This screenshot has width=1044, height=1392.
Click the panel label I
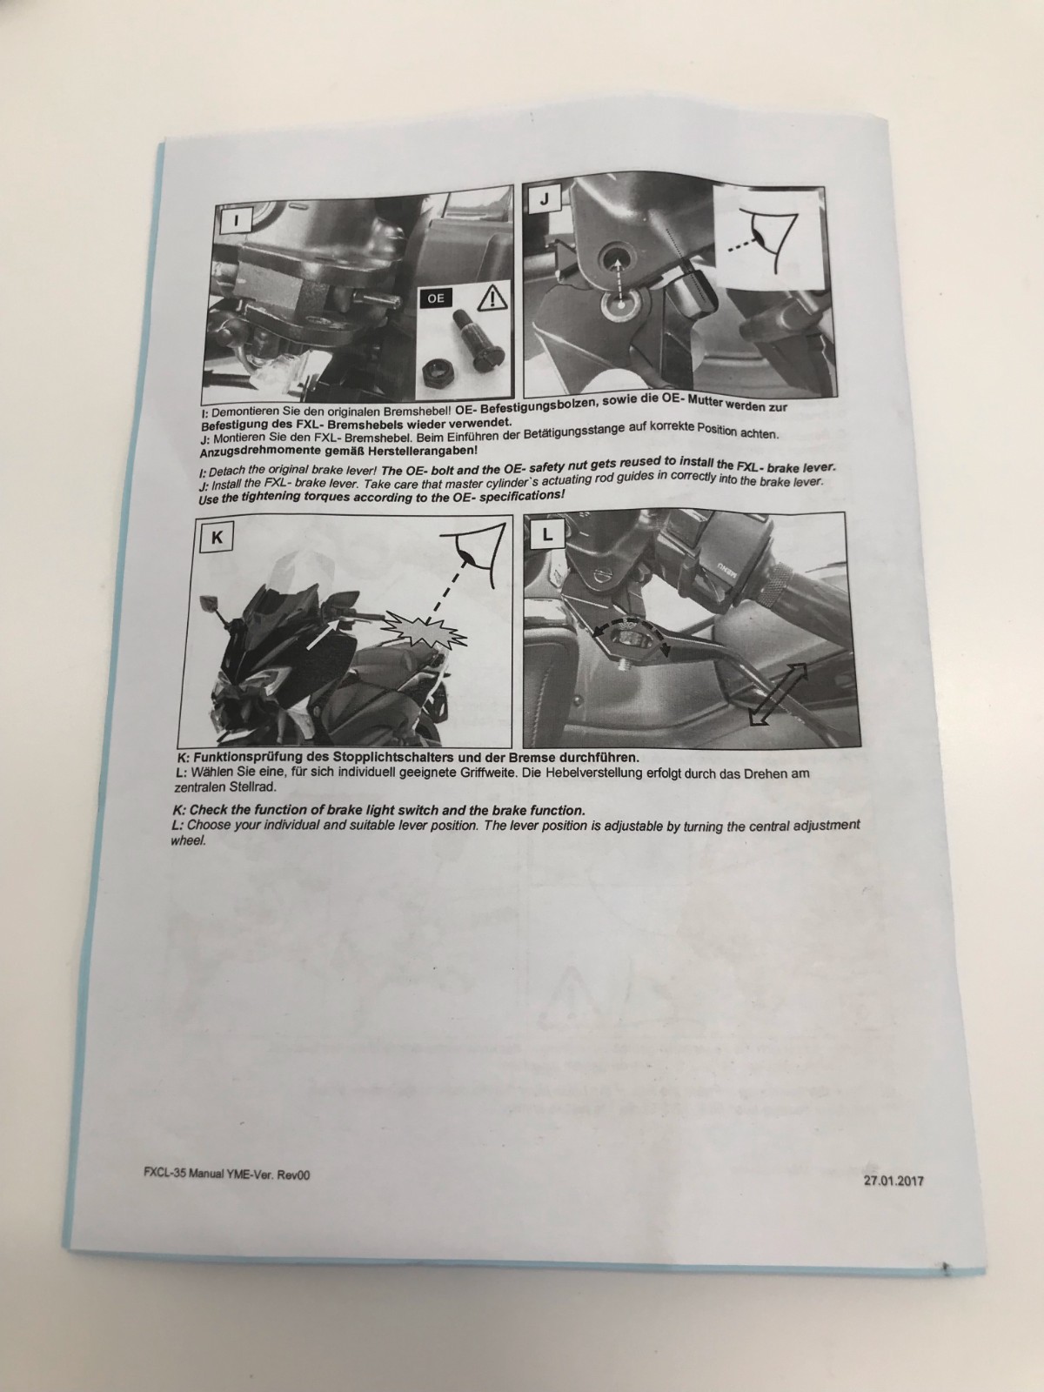(237, 220)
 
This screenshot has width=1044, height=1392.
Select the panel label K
(216, 538)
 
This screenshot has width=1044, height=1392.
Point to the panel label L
(548, 534)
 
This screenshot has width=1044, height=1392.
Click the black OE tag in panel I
(436, 298)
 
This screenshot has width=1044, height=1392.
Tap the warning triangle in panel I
(492, 297)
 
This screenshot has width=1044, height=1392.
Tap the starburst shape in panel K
(425, 631)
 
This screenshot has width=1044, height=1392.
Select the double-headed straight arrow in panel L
(779, 693)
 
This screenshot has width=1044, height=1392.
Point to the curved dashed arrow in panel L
(630, 625)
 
